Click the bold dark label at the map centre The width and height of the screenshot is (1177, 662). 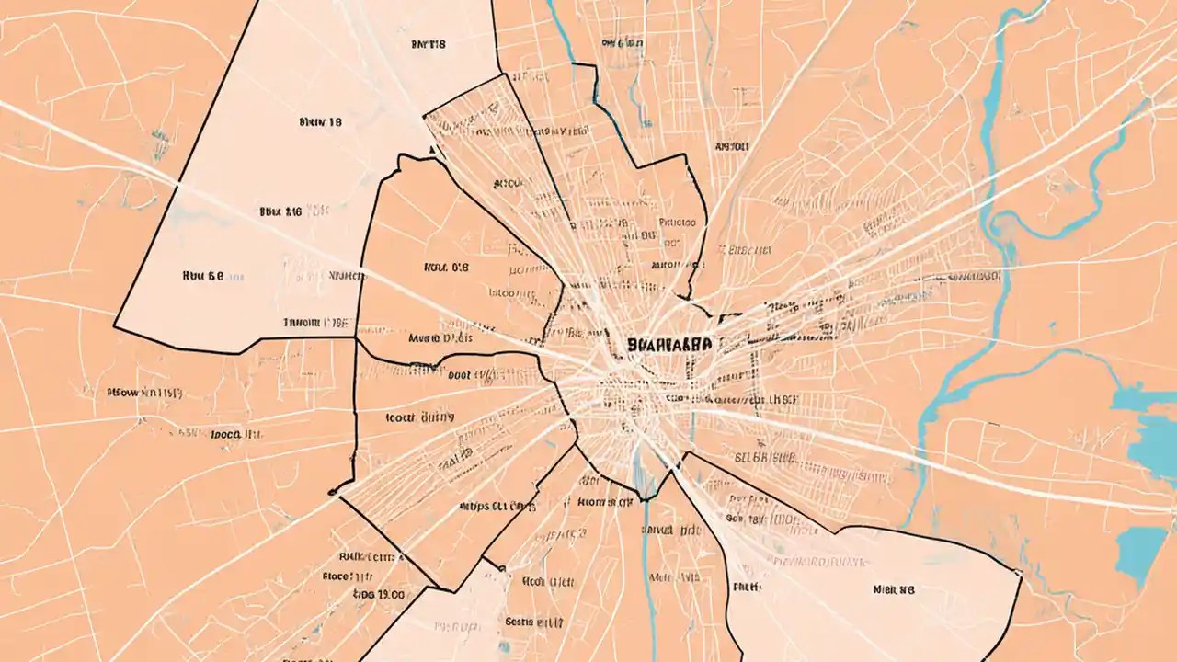pyautogui.click(x=668, y=344)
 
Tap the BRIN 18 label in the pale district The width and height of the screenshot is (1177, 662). pyautogui.click(x=321, y=121)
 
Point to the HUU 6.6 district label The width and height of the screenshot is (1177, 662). pyautogui.click(x=204, y=274)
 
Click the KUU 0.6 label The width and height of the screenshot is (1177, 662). pyautogui.click(x=446, y=268)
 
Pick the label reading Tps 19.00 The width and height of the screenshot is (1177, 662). pyautogui.click(x=379, y=595)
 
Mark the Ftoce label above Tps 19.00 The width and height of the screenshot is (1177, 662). pyautogui.click(x=348, y=576)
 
